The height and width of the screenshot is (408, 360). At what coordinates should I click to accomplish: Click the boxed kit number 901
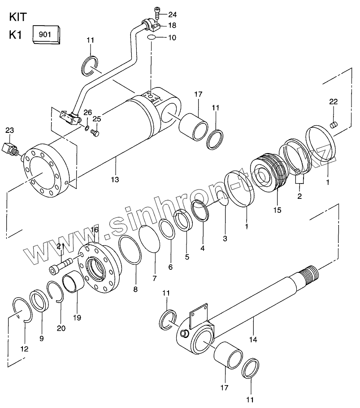tap(45, 35)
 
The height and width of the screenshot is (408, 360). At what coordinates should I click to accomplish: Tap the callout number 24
tap(172, 14)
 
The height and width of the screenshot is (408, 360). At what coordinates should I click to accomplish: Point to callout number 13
tap(115, 179)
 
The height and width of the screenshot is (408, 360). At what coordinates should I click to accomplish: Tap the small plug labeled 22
tap(333, 125)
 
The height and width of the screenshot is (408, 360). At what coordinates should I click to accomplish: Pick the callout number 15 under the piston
tap(278, 210)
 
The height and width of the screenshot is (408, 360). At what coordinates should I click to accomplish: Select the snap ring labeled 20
tap(55, 292)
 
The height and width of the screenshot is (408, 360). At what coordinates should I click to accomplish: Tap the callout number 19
tap(77, 318)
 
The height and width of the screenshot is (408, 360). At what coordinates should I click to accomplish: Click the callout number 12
tap(24, 349)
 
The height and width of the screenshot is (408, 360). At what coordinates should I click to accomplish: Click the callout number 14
tap(253, 339)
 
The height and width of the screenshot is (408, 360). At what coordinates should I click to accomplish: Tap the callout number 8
tap(135, 289)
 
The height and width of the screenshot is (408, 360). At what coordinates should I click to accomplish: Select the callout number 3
tap(225, 238)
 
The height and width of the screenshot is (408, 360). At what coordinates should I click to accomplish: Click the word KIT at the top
tap(18, 17)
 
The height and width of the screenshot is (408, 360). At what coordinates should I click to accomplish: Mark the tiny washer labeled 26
tap(87, 127)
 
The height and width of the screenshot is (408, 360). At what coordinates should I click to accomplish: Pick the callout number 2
tap(299, 196)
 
